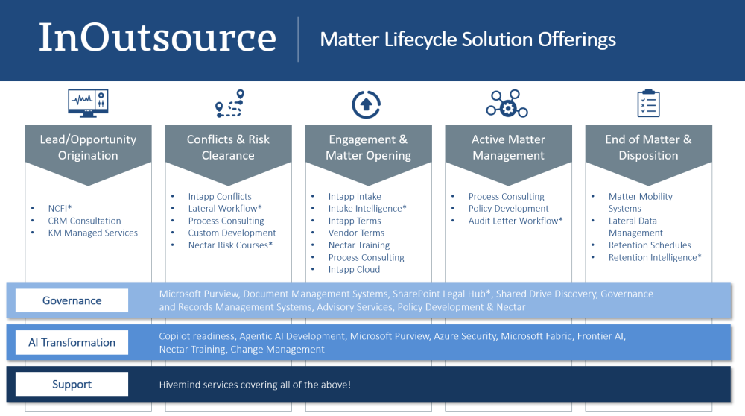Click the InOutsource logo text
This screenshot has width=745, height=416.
(157, 37)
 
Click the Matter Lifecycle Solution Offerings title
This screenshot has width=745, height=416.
(468, 40)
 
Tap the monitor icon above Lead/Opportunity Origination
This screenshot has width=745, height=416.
(88, 103)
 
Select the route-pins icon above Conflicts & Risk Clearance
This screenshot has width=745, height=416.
(229, 103)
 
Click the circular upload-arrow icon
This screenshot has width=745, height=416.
(366, 104)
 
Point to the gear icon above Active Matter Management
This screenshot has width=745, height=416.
(507, 104)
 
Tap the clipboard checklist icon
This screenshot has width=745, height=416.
(648, 103)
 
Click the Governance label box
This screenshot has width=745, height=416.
(72, 300)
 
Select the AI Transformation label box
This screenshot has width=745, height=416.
(72, 342)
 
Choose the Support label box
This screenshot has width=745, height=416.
(72, 384)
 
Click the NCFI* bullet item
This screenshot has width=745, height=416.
(60, 208)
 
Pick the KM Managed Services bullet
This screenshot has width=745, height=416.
(92, 233)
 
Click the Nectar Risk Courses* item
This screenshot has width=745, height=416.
(230, 245)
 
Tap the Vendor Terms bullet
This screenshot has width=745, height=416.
(356, 233)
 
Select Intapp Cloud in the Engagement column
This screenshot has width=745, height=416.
(354, 270)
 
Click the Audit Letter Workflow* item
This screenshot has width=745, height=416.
(516, 221)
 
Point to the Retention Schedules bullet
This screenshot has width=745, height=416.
(650, 245)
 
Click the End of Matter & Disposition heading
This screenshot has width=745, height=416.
(649, 148)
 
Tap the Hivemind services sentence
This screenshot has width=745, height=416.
(255, 385)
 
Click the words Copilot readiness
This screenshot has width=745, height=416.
(197, 337)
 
